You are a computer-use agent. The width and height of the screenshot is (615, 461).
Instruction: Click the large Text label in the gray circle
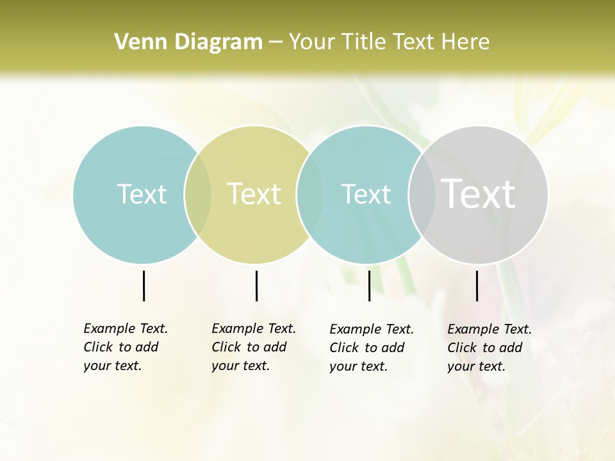pos(479,194)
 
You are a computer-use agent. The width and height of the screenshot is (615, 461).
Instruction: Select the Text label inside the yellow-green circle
pos(254,194)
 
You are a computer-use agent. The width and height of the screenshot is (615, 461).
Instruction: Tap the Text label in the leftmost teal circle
pos(142,194)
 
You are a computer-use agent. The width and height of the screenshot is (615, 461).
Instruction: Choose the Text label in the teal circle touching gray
pos(366,194)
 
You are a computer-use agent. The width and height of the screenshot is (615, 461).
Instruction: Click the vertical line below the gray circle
pos(477,286)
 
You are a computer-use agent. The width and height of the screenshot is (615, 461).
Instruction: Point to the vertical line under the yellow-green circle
pos(256,286)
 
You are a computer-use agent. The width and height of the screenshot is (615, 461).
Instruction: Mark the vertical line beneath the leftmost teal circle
pos(143,286)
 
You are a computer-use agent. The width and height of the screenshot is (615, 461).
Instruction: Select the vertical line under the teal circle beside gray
pos(369,286)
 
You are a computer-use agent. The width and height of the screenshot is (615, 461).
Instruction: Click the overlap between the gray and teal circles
pos(421,195)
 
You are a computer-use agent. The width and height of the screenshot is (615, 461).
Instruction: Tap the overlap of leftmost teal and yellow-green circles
pos(198,195)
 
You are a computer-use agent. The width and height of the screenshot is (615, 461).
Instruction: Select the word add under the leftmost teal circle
pos(147,347)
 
